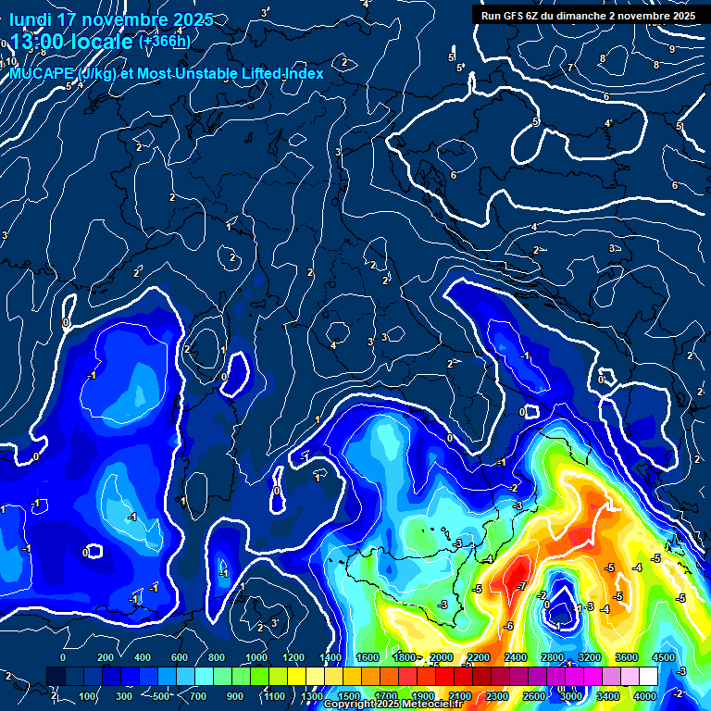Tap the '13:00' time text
click(38, 43)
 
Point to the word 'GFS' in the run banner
click(518, 16)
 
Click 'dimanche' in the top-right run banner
click(598, 16)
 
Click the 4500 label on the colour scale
click(665, 657)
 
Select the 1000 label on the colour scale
click(255, 657)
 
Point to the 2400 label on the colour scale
click(517, 657)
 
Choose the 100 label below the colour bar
click(89, 696)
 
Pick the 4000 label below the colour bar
click(646, 696)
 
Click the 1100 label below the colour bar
click(274, 696)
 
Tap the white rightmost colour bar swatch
click(649, 677)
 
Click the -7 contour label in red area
click(523, 587)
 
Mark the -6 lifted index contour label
click(508, 626)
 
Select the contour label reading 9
click(671, 48)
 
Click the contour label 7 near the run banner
click(571, 68)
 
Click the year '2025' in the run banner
click(683, 16)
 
